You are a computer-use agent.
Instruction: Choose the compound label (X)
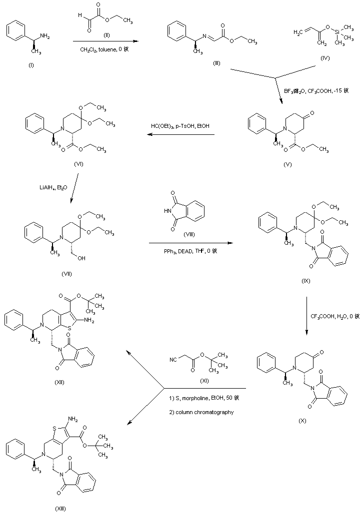(x=302, y=420)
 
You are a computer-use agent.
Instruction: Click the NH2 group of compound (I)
(x=44, y=35)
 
